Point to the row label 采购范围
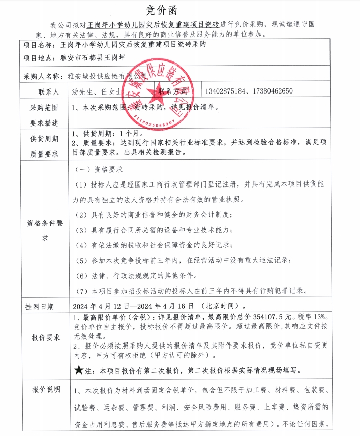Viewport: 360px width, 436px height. [44, 108]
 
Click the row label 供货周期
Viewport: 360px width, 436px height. [44, 139]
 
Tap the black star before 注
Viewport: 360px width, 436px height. [79, 371]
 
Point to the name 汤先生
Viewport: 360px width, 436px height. [84, 92]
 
